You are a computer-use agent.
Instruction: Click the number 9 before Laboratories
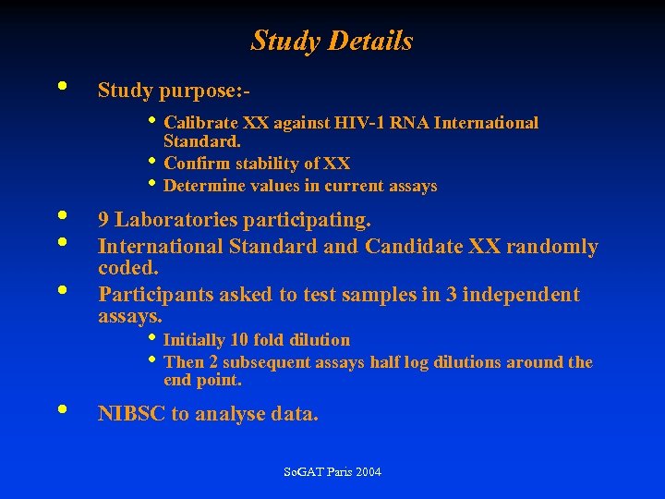coord(104,220)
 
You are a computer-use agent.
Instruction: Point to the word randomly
coord(556,247)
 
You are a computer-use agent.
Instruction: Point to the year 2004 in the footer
coord(366,472)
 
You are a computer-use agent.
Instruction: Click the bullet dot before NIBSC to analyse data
coord(61,408)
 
